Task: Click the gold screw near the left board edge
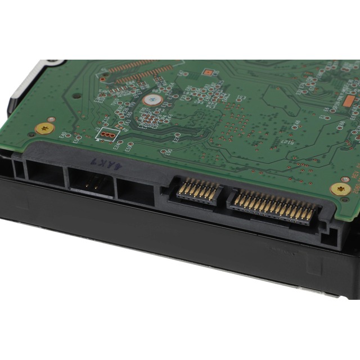[44, 129]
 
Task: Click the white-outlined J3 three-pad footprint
[107, 134]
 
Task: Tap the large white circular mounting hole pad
[152, 100]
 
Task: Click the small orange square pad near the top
[208, 72]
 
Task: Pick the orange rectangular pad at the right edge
[349, 101]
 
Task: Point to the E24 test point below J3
[118, 145]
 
